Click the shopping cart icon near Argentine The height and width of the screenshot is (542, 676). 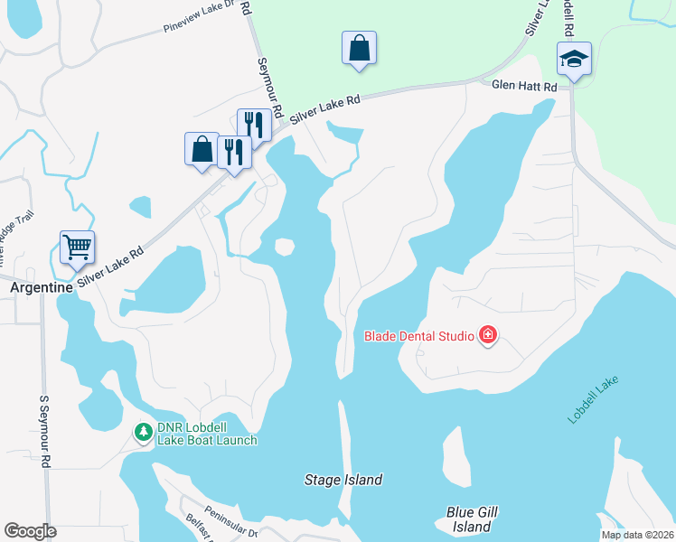tap(78, 247)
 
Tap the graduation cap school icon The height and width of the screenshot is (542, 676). tap(574, 60)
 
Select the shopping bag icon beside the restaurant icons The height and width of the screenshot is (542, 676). tap(202, 149)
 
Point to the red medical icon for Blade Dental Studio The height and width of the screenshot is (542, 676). tap(488, 336)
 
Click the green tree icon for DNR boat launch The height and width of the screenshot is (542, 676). tap(143, 433)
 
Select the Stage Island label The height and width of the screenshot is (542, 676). tap(343, 480)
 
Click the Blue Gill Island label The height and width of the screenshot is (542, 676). tap(468, 519)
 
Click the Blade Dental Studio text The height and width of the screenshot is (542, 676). tap(419, 337)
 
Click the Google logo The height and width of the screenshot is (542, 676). tap(31, 531)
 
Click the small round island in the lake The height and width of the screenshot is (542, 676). tap(285, 247)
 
